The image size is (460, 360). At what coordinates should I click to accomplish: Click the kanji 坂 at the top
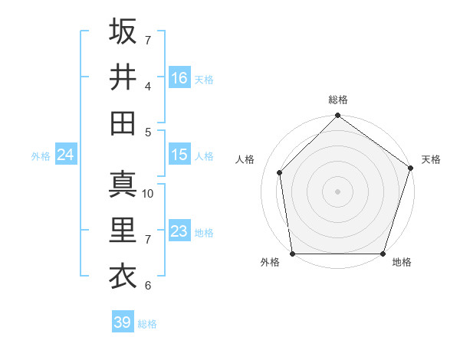pos(123,31)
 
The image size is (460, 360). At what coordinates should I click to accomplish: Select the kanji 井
pos(123,77)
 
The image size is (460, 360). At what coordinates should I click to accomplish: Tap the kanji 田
pos(123,122)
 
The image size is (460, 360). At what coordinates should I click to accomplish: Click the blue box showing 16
pos(179,77)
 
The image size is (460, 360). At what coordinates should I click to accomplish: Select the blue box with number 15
pos(179,155)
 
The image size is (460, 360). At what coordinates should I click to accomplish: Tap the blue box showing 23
pos(179,231)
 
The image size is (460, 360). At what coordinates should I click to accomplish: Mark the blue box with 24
pos(66,155)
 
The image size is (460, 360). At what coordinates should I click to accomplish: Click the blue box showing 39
pos(122,322)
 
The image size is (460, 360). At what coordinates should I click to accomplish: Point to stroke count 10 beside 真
pos(149,194)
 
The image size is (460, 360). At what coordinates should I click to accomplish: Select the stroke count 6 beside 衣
pos(148,286)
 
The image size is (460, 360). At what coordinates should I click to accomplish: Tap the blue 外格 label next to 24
pos(41,156)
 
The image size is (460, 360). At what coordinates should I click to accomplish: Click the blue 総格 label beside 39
pos(147,324)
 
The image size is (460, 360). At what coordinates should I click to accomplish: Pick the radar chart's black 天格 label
pos(431,159)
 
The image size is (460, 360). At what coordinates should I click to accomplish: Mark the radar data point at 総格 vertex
pos(337,117)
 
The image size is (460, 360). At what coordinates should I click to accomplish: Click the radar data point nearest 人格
pos(280,172)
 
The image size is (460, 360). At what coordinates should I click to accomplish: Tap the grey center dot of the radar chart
pos(337,191)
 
